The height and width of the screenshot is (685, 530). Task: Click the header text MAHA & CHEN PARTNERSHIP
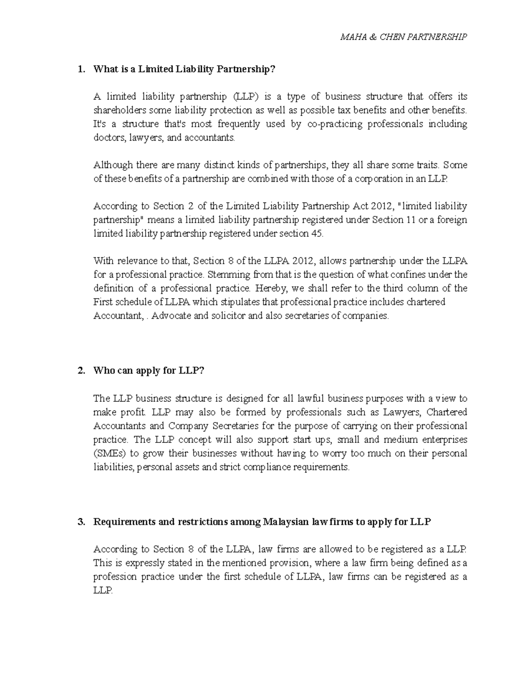click(x=403, y=37)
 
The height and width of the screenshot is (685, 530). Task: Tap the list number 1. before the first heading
click(x=80, y=69)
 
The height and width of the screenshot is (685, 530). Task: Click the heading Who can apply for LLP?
click(x=149, y=371)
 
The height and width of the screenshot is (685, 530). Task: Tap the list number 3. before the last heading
click(x=80, y=522)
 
